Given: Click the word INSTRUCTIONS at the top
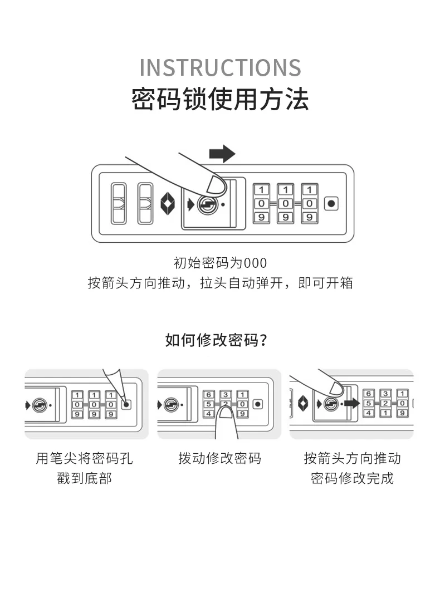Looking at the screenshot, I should click(x=220, y=67).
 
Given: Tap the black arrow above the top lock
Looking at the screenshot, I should click(x=222, y=153).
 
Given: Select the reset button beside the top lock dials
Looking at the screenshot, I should click(x=331, y=204).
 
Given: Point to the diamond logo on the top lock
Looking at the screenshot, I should click(x=168, y=204).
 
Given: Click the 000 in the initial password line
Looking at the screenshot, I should click(x=255, y=263).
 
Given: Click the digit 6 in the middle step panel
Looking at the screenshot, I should click(x=209, y=394).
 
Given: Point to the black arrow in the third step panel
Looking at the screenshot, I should click(x=350, y=403).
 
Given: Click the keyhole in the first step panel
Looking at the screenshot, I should click(x=39, y=404).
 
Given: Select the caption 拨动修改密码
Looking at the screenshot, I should click(x=219, y=458).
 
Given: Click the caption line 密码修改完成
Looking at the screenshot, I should click(x=352, y=478).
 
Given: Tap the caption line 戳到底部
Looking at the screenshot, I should click(x=85, y=478).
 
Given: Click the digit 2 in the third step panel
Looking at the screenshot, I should click(x=385, y=403).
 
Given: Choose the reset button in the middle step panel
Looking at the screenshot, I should click(x=257, y=404).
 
